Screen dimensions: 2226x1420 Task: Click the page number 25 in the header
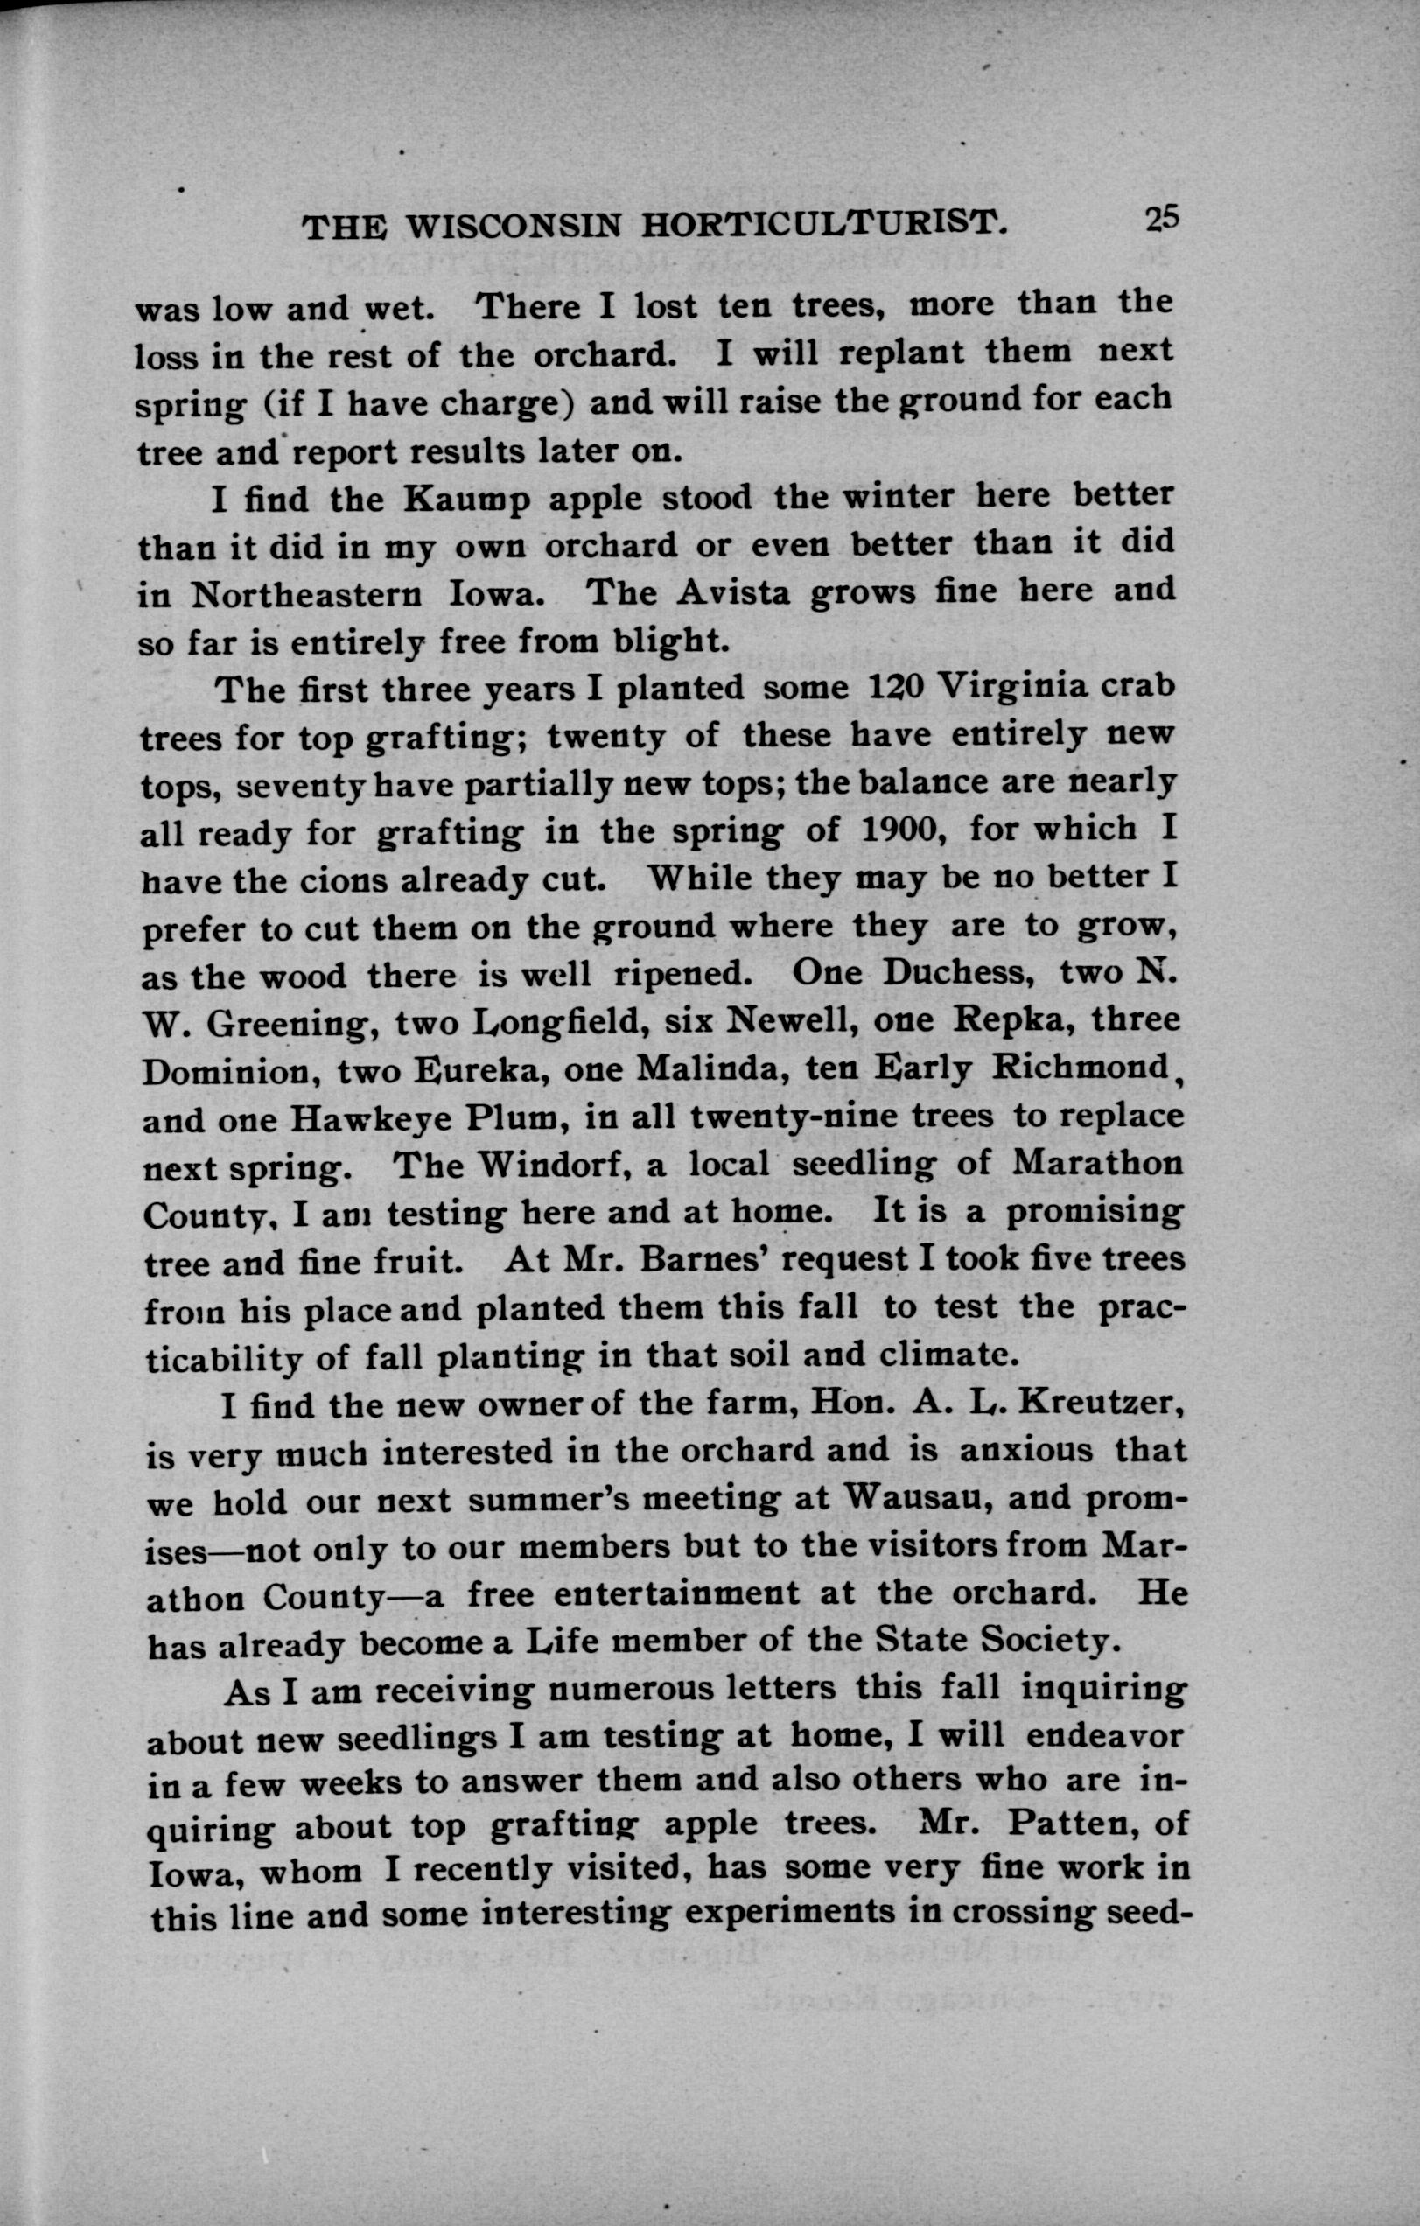[1162, 218]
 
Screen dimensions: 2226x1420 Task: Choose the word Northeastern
[306, 596]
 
